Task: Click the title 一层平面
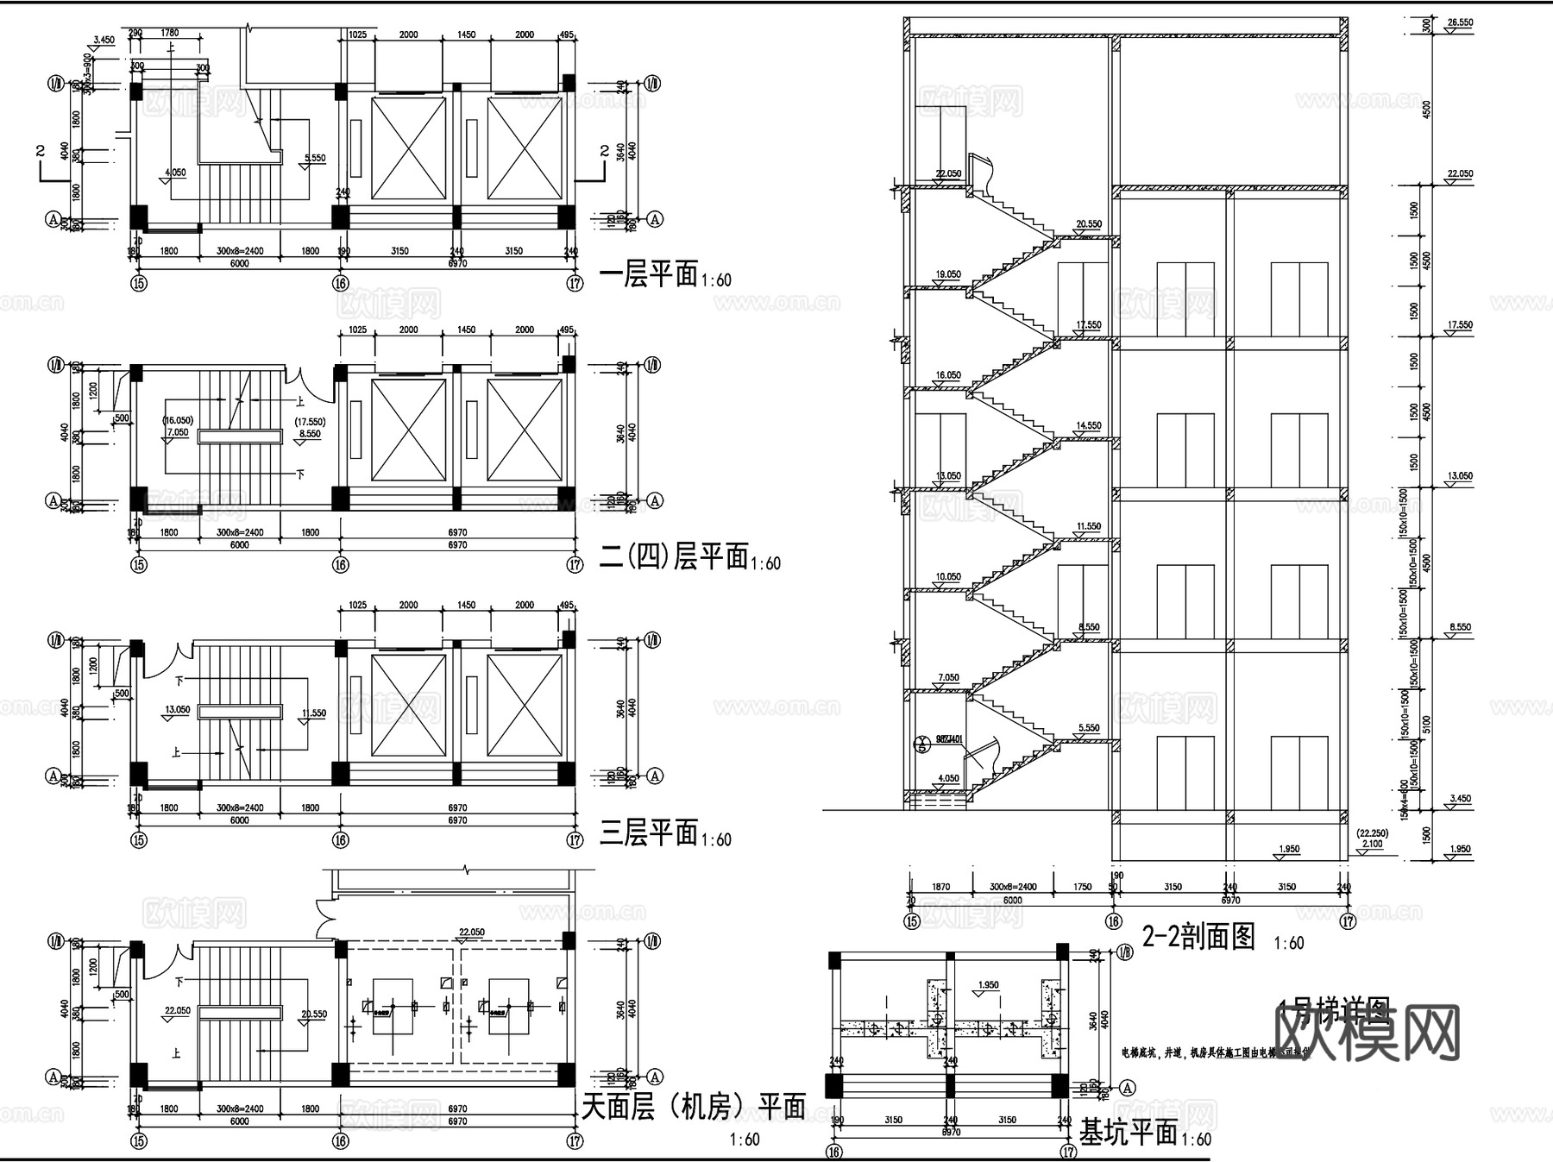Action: pos(648,275)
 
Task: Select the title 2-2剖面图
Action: pos(1198,936)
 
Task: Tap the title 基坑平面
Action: pos(1128,1133)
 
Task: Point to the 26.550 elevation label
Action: pos(1460,22)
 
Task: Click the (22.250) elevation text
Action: pos(1371,833)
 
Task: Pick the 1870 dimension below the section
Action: pos(940,887)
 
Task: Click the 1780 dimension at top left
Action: pos(170,35)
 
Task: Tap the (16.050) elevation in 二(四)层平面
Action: pos(177,421)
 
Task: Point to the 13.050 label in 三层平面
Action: pos(177,710)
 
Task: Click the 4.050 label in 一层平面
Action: pos(174,173)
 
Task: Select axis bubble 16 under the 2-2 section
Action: pos(1114,921)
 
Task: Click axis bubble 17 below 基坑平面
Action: pos(1068,1151)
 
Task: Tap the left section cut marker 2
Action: pos(41,152)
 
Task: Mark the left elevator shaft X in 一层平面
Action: pos(408,148)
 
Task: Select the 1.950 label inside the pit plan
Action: pos(989,984)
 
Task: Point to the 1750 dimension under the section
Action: pos(1082,887)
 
